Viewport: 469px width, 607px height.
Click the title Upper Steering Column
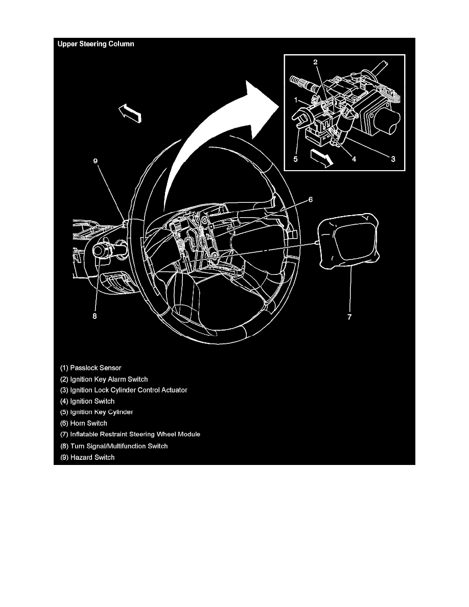(96, 44)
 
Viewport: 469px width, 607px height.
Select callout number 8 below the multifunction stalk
(95, 316)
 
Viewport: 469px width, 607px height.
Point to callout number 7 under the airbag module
(349, 317)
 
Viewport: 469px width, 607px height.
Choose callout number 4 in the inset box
(354, 159)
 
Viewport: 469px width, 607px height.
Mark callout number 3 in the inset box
(393, 159)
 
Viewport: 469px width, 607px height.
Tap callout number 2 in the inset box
(316, 62)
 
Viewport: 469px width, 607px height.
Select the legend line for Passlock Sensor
(91, 367)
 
